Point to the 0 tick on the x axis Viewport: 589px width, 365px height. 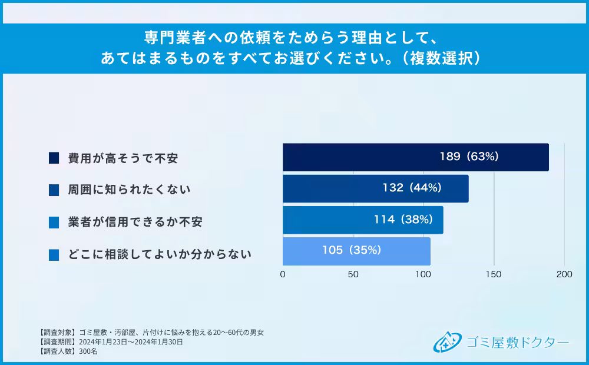(283, 274)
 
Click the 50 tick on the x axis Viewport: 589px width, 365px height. (353, 274)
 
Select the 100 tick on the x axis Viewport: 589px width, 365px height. (423, 274)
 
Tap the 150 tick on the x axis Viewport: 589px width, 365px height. (494, 274)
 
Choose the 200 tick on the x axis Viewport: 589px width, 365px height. (564, 274)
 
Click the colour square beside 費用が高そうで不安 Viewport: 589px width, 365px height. (54, 158)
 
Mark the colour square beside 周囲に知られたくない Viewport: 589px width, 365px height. (54, 190)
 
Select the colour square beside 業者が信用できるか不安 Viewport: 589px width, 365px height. (54, 223)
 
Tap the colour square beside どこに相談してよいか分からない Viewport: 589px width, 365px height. (54, 255)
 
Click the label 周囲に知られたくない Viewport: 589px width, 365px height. (129, 190)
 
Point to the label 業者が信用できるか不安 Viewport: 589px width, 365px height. (135, 223)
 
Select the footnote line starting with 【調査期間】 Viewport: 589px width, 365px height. (110, 341)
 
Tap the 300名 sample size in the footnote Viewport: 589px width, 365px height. (88, 351)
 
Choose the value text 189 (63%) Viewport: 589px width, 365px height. (469, 157)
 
